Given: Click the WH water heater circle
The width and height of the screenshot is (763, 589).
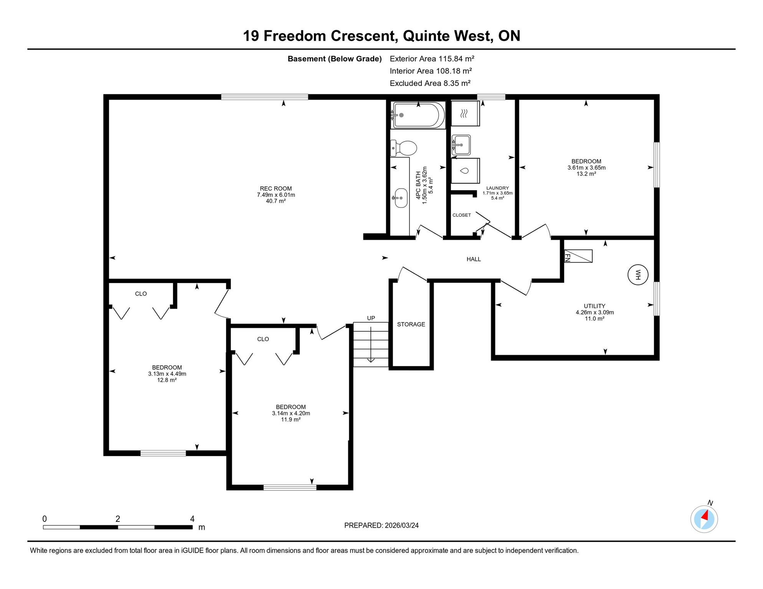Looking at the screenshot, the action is [x=637, y=275].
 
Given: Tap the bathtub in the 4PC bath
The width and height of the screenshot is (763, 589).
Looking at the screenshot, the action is [x=418, y=115].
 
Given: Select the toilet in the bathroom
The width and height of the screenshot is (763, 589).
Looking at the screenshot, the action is [x=403, y=148].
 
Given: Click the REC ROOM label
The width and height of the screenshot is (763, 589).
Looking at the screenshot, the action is [x=276, y=188].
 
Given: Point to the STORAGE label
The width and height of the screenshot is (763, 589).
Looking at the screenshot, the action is [x=411, y=324].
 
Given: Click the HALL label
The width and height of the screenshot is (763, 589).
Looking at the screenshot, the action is [x=474, y=259].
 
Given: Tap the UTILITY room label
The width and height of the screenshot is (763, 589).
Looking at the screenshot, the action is [x=595, y=306].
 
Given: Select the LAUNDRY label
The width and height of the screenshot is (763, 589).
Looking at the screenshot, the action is [x=497, y=188].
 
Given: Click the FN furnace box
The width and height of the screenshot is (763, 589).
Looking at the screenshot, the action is [x=578, y=256].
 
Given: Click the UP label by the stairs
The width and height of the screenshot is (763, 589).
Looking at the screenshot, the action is [x=371, y=318].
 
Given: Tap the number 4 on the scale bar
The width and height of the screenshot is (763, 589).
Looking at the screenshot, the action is [x=192, y=519].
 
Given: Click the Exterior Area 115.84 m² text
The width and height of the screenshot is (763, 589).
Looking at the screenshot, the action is [x=432, y=59].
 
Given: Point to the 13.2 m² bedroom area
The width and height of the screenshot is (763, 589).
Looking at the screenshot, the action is [x=586, y=174].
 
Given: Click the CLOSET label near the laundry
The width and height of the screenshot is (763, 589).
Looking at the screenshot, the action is [x=461, y=215].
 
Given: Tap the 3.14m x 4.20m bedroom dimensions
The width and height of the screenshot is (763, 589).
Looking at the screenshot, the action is [x=291, y=413].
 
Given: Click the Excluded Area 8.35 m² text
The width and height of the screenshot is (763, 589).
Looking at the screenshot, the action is [x=430, y=83].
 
